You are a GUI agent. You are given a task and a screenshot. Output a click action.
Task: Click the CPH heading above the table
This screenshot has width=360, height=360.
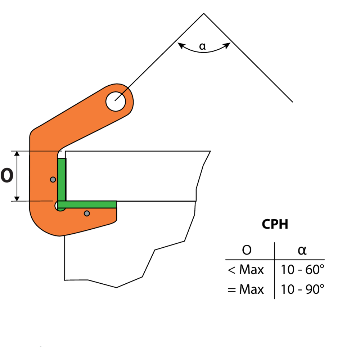click(x=275, y=224)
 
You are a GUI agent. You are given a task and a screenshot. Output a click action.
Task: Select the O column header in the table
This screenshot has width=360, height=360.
click(x=247, y=250)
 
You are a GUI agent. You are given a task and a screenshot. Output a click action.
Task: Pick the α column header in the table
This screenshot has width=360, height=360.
click(x=302, y=250)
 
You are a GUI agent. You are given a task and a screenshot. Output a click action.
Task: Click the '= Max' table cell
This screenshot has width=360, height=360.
click(x=246, y=289)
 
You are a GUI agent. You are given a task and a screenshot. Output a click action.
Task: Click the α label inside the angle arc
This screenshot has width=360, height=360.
click(x=203, y=46)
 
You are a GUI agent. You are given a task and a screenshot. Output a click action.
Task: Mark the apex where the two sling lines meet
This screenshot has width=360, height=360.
click(x=204, y=14)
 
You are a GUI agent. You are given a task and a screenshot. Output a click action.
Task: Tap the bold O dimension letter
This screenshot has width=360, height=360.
click(x=7, y=176)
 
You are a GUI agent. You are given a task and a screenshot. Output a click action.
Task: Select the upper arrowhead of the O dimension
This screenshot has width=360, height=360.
click(x=17, y=154)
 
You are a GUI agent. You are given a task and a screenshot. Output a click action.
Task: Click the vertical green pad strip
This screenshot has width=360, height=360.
click(x=62, y=179)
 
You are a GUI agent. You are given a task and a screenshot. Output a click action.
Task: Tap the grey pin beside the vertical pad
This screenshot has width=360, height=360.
click(x=53, y=179)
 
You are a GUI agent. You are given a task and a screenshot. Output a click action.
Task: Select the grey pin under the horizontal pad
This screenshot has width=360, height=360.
click(x=87, y=213)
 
